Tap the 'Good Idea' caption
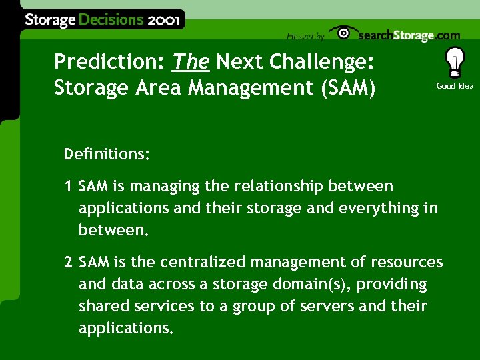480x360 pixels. coord(455,86)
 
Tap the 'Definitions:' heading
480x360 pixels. coord(107,155)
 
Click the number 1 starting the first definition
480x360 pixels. coord(69,187)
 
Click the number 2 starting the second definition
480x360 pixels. coord(69,262)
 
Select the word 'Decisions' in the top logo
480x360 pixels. coord(111,20)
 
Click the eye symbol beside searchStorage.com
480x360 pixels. coord(343,33)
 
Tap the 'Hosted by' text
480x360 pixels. coord(305,36)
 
